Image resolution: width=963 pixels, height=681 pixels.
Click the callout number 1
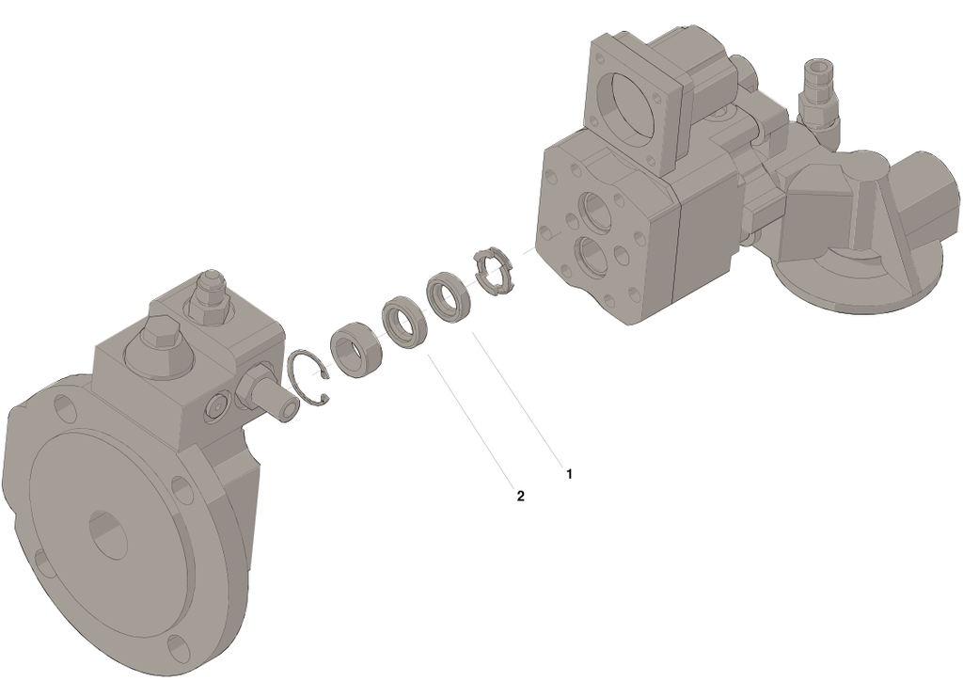pyautogui.click(x=569, y=474)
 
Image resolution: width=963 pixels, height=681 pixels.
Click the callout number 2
pyautogui.click(x=521, y=496)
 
